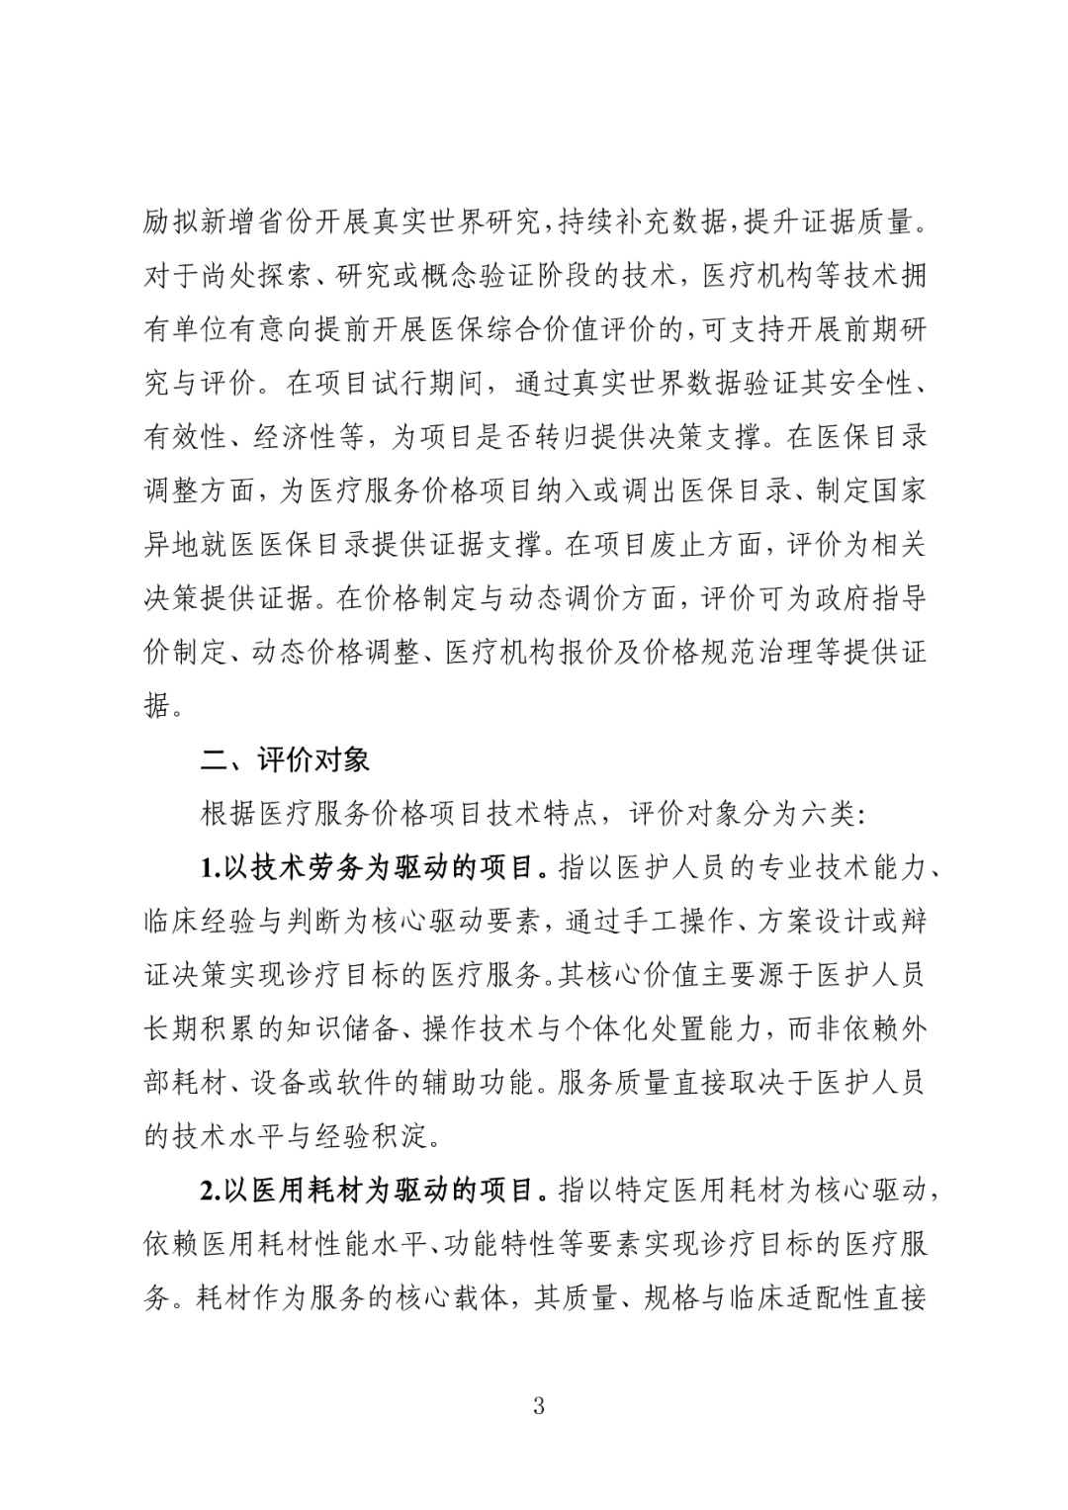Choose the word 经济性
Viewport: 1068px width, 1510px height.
coord(296,437)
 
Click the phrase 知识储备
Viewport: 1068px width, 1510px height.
coord(352,1028)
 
